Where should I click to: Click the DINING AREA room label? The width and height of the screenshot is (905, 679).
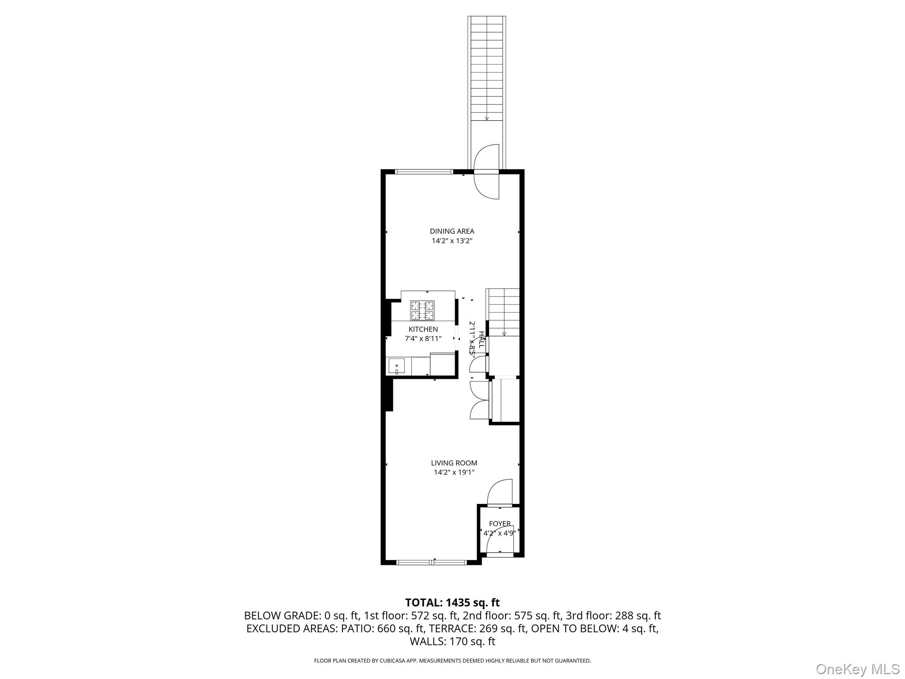[452, 231]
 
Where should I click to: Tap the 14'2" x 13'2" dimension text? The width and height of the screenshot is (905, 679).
[452, 241]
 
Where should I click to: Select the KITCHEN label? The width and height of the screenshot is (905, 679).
[423, 329]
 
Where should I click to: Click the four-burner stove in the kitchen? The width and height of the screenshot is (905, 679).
[422, 310]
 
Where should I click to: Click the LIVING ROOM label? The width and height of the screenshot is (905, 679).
[454, 463]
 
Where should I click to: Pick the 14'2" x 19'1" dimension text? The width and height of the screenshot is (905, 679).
[454, 473]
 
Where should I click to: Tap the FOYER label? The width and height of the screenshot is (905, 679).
[500, 523]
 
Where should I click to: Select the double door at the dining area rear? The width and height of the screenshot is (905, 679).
[487, 172]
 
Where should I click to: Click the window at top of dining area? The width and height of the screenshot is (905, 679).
[423, 172]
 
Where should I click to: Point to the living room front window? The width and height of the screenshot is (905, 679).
[431, 562]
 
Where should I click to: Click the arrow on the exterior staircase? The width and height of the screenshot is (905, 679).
[487, 118]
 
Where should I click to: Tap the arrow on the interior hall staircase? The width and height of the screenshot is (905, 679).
[504, 334]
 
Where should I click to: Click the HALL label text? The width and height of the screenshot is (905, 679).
[482, 339]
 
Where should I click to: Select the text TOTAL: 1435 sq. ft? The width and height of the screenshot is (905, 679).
[452, 603]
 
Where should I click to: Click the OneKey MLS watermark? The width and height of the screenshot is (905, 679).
[857, 669]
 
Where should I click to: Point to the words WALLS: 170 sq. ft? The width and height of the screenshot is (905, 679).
[452, 641]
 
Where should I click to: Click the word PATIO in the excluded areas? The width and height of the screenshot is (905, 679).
[357, 629]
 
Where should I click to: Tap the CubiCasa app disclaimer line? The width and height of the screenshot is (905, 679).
[452, 661]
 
